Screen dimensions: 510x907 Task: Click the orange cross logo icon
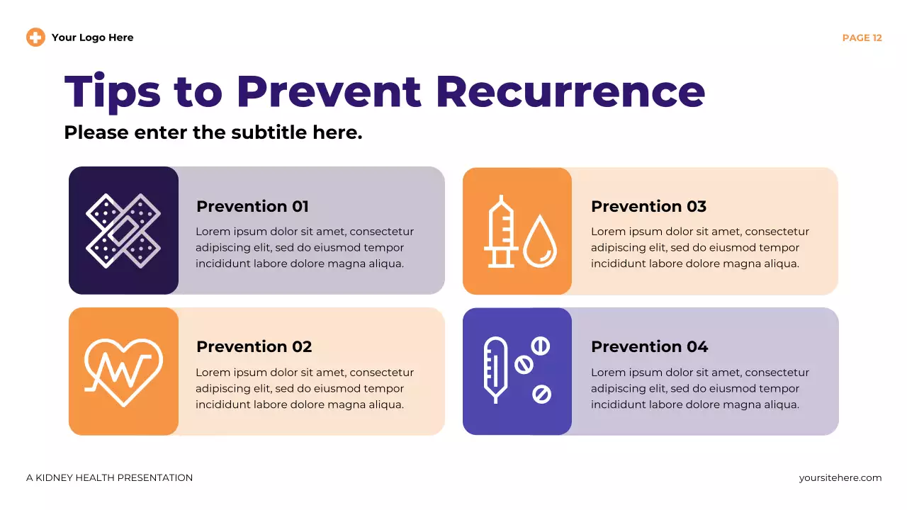click(35, 38)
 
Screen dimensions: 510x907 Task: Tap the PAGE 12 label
click(862, 38)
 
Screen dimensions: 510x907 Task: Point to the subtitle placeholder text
click(213, 132)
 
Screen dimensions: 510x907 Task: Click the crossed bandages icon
click(123, 231)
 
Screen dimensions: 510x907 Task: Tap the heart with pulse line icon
click(123, 371)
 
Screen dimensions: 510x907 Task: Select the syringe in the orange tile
click(502, 231)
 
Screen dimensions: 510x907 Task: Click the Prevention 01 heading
click(252, 206)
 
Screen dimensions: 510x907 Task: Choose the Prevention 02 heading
click(254, 346)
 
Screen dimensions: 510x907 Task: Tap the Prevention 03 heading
click(648, 206)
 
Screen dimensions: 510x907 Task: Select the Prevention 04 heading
click(649, 346)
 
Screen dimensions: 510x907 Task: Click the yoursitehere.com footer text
click(840, 478)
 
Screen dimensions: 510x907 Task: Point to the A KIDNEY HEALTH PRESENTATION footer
click(109, 478)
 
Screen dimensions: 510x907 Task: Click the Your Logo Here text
click(92, 38)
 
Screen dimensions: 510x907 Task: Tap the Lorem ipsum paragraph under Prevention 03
click(699, 248)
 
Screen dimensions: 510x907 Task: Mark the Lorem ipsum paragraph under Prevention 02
click(304, 388)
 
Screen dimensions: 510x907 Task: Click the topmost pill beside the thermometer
click(541, 346)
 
